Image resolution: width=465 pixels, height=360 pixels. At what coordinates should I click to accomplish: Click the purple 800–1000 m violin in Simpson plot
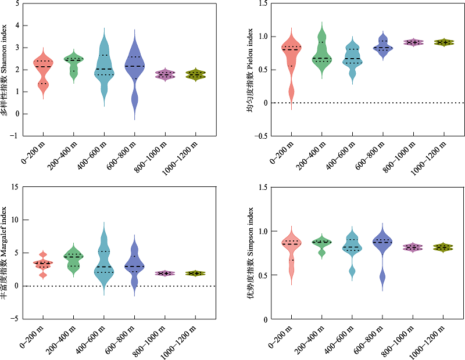(413, 247)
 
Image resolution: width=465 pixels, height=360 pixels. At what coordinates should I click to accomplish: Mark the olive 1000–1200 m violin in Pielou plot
(443, 42)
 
